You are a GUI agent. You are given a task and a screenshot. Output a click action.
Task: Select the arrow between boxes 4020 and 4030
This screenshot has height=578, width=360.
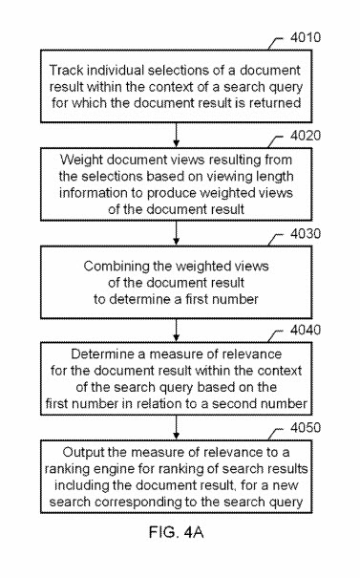[x=180, y=231]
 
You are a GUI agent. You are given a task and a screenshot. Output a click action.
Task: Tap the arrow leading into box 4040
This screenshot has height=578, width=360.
[x=180, y=329]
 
